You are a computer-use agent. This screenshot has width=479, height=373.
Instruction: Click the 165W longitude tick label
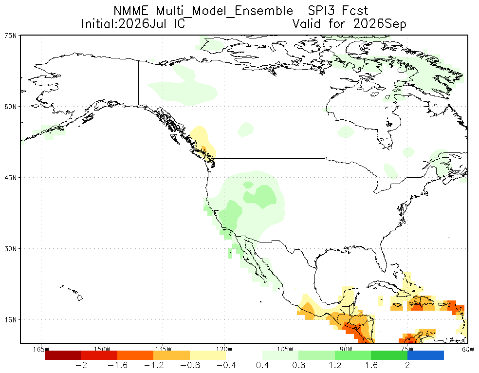click(x=41, y=349)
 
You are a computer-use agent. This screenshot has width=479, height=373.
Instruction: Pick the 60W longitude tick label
click(x=468, y=349)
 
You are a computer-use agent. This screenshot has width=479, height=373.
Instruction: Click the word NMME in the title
click(x=131, y=11)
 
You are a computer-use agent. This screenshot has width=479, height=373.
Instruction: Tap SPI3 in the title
click(x=321, y=11)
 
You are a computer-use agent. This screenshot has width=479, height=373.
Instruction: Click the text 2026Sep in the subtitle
click(x=379, y=24)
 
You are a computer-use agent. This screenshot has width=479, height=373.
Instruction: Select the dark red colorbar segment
click(x=63, y=355)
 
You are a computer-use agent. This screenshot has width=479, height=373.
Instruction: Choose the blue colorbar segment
click(x=425, y=355)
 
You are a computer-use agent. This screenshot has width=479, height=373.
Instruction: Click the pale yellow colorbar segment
click(x=208, y=355)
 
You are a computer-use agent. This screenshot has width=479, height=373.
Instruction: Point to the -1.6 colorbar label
click(x=117, y=365)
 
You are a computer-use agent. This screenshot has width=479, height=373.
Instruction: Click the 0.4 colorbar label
click(x=262, y=365)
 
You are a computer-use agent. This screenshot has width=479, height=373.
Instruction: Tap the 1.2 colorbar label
click(x=335, y=365)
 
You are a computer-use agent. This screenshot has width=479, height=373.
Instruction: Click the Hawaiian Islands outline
click(x=74, y=292)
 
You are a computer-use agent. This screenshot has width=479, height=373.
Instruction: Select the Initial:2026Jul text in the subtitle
click(x=125, y=24)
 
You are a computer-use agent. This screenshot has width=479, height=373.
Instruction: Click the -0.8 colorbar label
click(x=190, y=365)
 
